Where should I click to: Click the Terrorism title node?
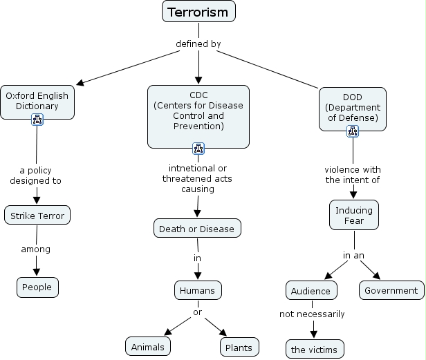[199, 12]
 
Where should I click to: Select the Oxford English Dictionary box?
[37, 101]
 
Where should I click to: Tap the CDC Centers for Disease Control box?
[198, 111]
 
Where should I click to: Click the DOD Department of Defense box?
[353, 107]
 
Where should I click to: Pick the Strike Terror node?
[37, 216]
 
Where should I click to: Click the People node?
[37, 287]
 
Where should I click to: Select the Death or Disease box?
[196, 229]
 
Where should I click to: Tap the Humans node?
[198, 290]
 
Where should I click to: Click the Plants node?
[239, 346]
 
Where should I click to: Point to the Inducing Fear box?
[354, 216]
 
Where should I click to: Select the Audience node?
[312, 290]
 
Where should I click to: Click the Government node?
[391, 290]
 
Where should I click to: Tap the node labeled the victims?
[314, 350]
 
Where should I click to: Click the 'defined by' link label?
[198, 44]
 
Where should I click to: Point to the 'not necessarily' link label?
[312, 314]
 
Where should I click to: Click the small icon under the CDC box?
[198, 148]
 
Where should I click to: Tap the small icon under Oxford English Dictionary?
[37, 120]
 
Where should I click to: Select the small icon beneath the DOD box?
[353, 131]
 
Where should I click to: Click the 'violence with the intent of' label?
[353, 174]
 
